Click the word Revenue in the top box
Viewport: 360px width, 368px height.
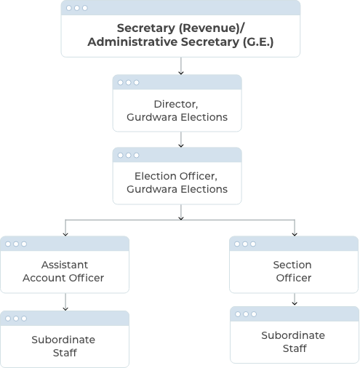(x=209, y=28)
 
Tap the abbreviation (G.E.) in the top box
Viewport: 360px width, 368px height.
(x=258, y=42)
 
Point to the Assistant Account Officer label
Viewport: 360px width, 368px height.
(x=63, y=271)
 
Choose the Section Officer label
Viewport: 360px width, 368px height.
(x=292, y=271)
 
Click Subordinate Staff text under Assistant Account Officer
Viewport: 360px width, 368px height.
(x=63, y=346)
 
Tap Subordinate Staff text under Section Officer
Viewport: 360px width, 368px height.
(x=293, y=342)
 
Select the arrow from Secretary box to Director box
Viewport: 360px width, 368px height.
(x=181, y=66)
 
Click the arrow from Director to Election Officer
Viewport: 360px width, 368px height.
(x=181, y=140)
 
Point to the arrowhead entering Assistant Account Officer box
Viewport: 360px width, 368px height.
(x=65, y=234)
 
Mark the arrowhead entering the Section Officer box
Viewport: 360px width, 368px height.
(x=295, y=234)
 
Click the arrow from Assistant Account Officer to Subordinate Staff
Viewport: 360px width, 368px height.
(x=65, y=302)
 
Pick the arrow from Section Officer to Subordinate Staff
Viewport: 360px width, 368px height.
(x=295, y=299)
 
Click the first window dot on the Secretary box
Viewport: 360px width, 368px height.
(x=69, y=8)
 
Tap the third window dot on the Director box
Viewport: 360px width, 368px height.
(x=137, y=82)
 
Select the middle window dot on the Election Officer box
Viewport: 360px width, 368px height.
(x=129, y=155)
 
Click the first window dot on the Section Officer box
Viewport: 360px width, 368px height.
(x=237, y=244)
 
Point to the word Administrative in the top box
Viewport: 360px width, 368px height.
(x=132, y=42)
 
